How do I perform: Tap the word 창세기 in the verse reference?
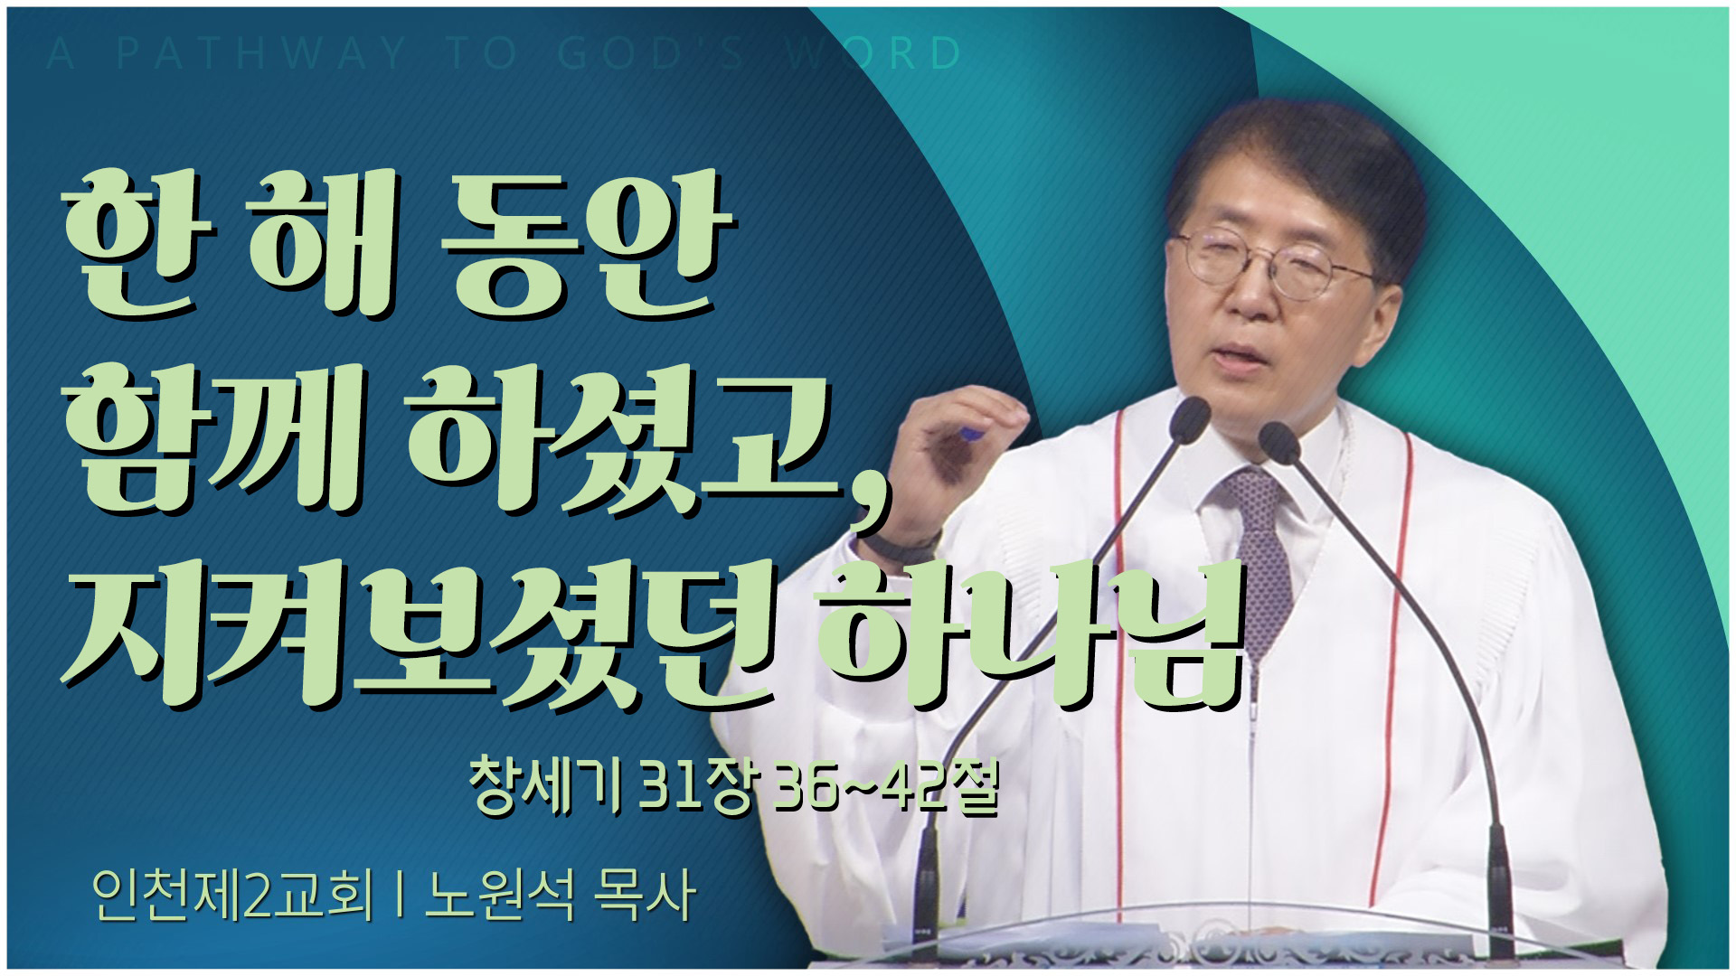tap(544, 787)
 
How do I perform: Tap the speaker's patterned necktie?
tap(1260, 551)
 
